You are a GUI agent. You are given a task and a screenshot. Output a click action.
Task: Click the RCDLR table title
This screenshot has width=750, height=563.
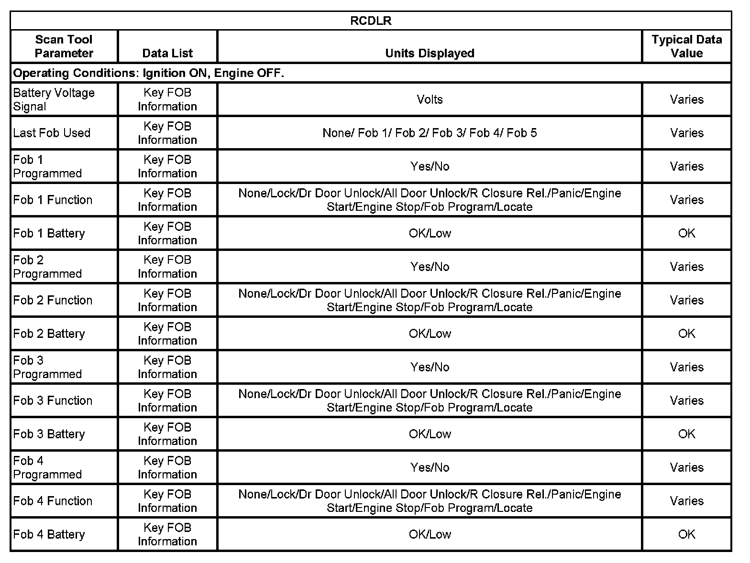click(371, 21)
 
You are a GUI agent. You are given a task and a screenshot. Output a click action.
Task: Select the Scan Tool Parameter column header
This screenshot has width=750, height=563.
click(64, 46)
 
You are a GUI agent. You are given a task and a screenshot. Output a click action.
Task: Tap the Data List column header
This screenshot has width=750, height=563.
click(167, 53)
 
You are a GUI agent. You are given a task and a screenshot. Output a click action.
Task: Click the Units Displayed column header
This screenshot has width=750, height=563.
click(430, 53)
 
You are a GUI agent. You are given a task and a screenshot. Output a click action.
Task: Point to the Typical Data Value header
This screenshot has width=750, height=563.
click(686, 46)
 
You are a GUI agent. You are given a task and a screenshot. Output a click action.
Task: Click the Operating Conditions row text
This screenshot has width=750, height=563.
click(149, 73)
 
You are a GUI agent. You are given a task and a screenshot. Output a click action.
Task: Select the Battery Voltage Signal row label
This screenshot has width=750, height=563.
click(54, 99)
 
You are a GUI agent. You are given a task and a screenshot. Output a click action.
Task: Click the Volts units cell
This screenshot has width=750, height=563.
click(430, 99)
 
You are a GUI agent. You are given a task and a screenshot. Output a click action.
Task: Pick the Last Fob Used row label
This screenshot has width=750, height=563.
click(52, 133)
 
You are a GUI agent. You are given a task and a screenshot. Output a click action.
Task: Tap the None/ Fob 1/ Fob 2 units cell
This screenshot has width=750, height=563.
click(430, 133)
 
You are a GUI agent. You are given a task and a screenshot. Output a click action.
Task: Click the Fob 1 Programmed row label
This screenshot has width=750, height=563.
click(47, 166)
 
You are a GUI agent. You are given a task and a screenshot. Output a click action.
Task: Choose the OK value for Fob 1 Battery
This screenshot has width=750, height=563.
click(686, 233)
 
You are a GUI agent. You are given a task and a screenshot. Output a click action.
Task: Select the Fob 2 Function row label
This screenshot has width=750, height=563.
click(53, 300)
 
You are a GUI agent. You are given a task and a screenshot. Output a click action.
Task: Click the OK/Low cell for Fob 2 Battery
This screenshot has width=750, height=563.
click(430, 334)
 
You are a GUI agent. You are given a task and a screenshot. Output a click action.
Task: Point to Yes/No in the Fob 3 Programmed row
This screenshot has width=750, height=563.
click(430, 367)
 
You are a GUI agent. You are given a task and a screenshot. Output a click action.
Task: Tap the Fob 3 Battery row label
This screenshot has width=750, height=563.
click(49, 434)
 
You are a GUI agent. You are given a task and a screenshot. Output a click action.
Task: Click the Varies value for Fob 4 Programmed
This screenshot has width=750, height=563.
click(686, 467)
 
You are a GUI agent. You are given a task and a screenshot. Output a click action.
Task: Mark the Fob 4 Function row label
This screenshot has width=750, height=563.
click(53, 501)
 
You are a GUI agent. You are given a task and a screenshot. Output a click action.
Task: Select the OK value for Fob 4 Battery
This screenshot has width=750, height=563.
click(686, 534)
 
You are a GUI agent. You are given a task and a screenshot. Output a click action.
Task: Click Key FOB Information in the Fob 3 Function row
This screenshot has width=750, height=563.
click(167, 401)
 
